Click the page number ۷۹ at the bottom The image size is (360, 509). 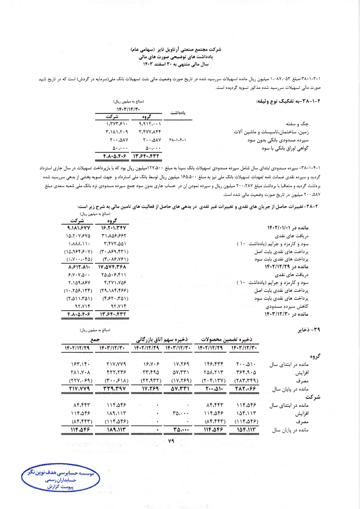pyautogui.click(x=171, y=441)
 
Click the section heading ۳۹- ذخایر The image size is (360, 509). pyautogui.click(x=309, y=330)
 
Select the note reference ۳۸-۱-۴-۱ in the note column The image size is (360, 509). pyautogui.click(x=177, y=140)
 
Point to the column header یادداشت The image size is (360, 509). pyautogui.click(x=177, y=113)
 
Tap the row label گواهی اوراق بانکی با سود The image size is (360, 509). pyautogui.click(x=285, y=148)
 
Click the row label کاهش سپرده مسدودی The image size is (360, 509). pyautogui.click(x=287, y=306)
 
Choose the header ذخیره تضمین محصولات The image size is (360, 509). pyautogui.click(x=226, y=339)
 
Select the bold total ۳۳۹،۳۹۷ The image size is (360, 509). pyautogui.click(x=112, y=389)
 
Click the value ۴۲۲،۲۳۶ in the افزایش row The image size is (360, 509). pyautogui.click(x=112, y=372)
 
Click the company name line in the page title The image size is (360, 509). pyautogui.click(x=176, y=49)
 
